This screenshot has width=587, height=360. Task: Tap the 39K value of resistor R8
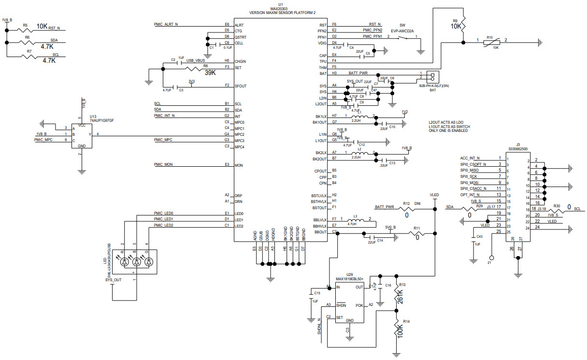(x=210, y=72)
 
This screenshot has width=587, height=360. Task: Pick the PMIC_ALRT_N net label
(x=166, y=24)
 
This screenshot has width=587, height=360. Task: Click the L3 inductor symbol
(x=356, y=220)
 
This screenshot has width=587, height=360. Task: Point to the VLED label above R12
(x=434, y=195)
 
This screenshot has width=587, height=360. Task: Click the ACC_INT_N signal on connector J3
(x=470, y=158)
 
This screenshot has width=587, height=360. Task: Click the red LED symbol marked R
(x=125, y=261)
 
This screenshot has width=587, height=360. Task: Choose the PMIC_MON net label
(x=163, y=165)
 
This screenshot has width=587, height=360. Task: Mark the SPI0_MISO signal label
(x=469, y=171)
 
